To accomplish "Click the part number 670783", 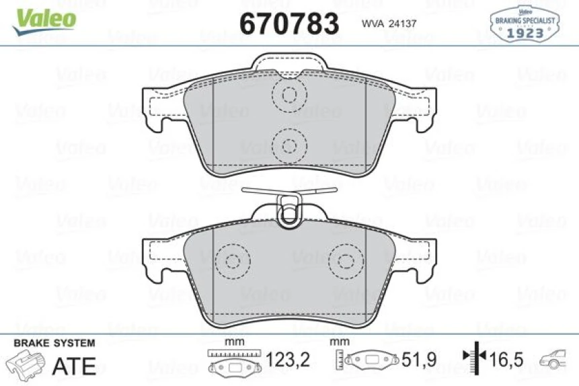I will point(289,24).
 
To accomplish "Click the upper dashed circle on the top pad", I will point(289,95).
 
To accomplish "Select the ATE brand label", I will point(74,366).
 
